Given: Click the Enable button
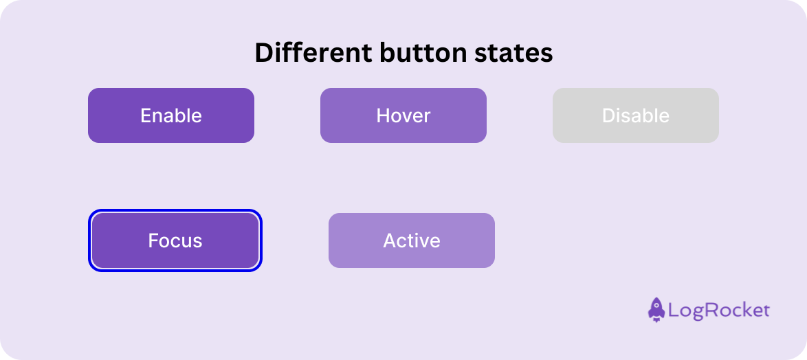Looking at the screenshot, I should click(171, 115).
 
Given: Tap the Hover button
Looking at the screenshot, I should click(403, 115).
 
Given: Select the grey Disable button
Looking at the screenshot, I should click(636, 115).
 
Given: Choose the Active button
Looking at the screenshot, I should click(412, 240).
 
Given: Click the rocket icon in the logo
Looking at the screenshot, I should click(656, 310).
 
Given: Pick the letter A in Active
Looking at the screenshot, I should click(390, 240).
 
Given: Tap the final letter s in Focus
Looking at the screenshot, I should click(198, 242).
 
